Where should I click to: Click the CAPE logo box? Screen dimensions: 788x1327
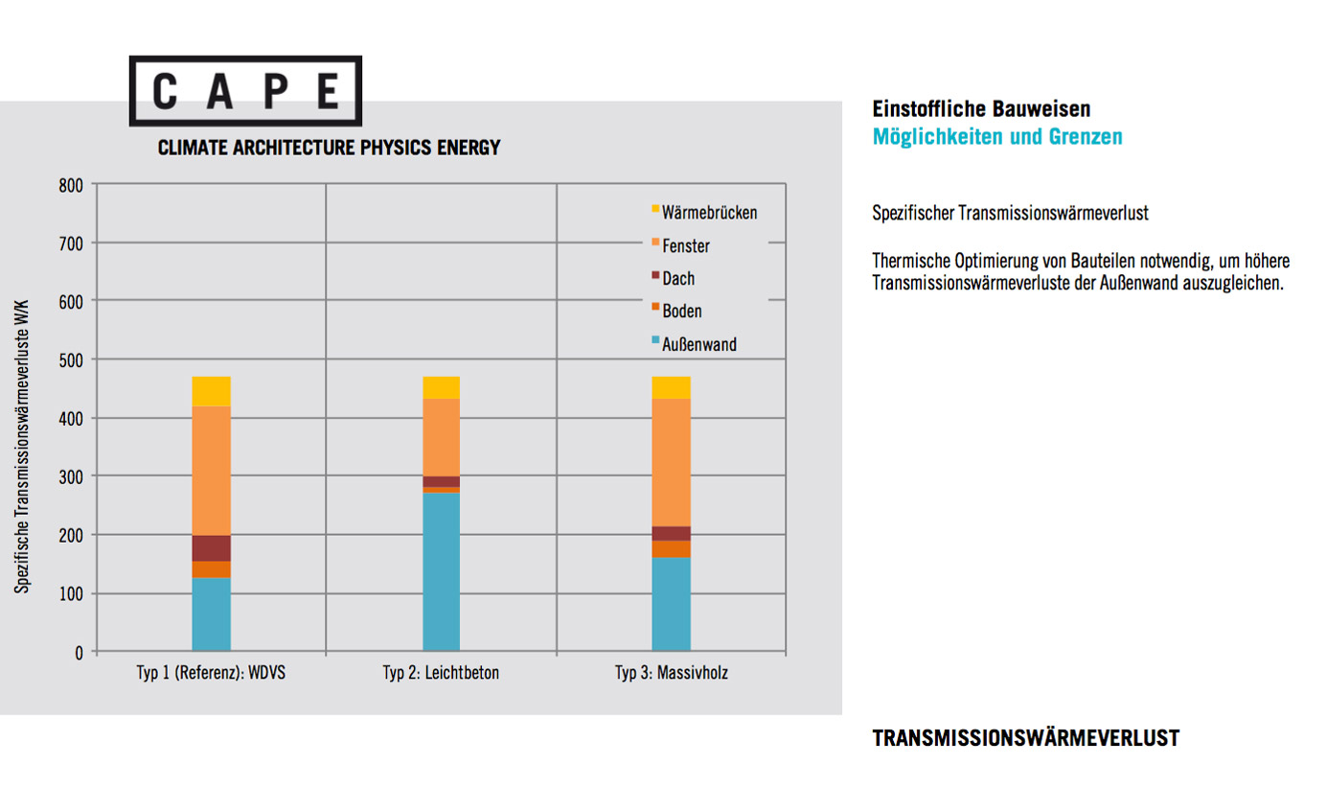[x=245, y=91]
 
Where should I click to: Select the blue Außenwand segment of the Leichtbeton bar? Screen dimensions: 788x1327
[x=441, y=571]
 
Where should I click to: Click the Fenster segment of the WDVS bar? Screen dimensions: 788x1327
[x=211, y=470]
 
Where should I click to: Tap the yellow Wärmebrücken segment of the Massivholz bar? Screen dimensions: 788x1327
[x=671, y=387]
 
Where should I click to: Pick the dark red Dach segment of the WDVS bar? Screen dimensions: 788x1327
[x=211, y=547]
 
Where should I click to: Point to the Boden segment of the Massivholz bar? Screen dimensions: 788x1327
[x=671, y=548]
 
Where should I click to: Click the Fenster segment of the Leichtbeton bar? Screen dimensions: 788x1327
[x=441, y=437]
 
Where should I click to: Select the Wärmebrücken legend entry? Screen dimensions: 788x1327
[x=703, y=212]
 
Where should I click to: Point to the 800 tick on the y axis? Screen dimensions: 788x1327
[x=72, y=184]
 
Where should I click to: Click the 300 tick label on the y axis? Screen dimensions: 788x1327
[x=72, y=476]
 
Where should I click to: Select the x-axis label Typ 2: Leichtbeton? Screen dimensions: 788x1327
[x=441, y=673]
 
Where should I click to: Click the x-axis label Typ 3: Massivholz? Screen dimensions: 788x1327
[x=671, y=673]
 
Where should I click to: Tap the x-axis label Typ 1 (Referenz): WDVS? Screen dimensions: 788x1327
[x=211, y=673]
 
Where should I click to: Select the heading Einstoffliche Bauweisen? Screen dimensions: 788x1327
[x=981, y=109]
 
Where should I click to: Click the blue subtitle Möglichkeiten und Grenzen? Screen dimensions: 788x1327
[x=996, y=137]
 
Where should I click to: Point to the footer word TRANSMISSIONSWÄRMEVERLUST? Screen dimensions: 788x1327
[x=1025, y=738]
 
